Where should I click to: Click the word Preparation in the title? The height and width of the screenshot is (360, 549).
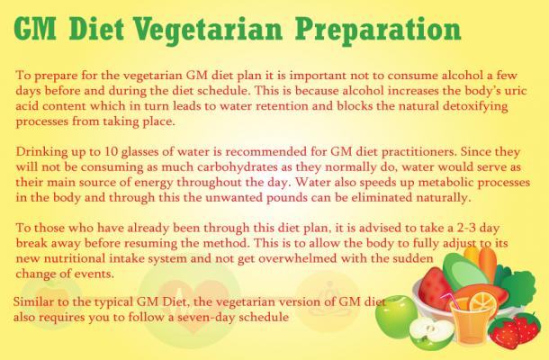tap(378, 31)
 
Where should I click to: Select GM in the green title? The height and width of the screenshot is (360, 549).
tap(35, 28)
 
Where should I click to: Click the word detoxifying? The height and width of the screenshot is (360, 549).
tap(473, 106)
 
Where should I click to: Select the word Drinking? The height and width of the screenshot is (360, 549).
tap(41, 152)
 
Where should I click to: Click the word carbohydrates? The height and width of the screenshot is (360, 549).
tap(238, 167)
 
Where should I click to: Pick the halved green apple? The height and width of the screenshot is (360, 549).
tap(431, 334)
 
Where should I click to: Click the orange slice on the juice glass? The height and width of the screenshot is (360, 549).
tap(483, 301)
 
